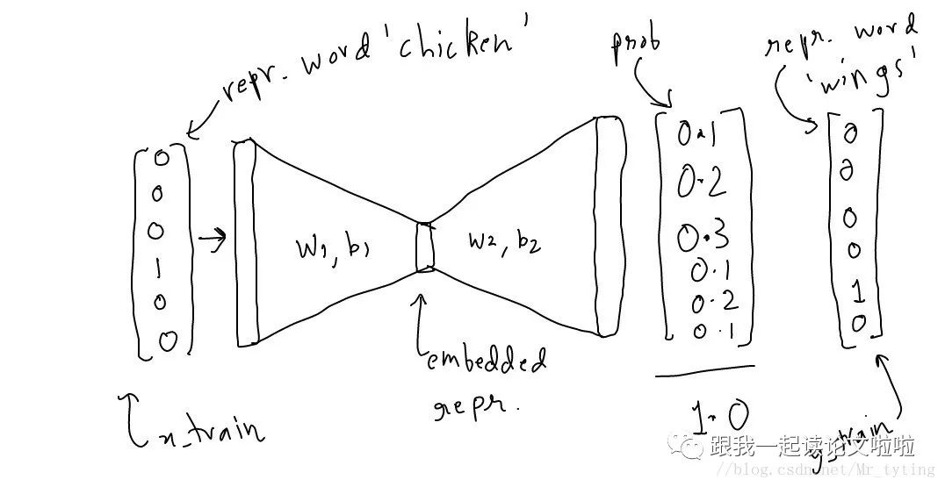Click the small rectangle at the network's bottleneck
click(425, 247)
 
